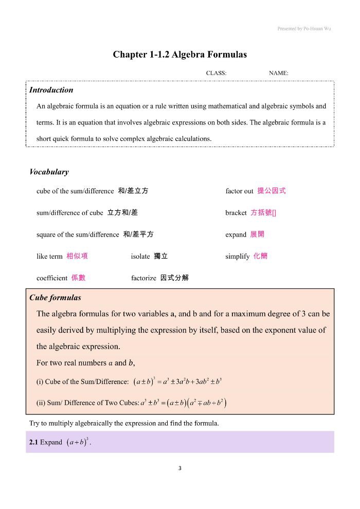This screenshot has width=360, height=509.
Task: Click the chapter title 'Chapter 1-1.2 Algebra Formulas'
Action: coord(180,54)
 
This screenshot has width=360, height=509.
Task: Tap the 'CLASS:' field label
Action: coord(216,73)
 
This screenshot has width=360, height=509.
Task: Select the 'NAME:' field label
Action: coord(278,73)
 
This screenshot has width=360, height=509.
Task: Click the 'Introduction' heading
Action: coord(51,90)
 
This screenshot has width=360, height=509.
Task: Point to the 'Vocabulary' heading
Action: coord(49,172)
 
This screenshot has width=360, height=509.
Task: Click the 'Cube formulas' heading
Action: coord(55,298)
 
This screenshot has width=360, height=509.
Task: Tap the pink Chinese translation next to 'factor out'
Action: coord(272,191)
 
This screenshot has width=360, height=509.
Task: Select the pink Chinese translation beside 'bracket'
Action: coord(263,213)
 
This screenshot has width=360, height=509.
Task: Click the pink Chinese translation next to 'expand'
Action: coord(257,234)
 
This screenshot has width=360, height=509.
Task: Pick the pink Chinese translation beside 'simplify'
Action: coord(260,256)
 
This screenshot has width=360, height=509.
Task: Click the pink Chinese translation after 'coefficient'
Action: coord(78,278)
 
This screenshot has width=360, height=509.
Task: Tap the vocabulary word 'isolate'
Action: coord(140,257)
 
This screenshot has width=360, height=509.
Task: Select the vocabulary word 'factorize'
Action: coord(143,278)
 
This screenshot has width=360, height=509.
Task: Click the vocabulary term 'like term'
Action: coord(49,257)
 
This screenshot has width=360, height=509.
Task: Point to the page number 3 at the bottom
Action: coord(179,468)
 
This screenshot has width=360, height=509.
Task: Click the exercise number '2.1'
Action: coord(34,442)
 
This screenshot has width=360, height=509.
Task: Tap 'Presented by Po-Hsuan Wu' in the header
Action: coord(304,29)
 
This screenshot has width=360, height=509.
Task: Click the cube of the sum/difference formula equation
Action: coord(177,381)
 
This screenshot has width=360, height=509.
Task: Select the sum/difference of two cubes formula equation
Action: coord(184,403)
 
